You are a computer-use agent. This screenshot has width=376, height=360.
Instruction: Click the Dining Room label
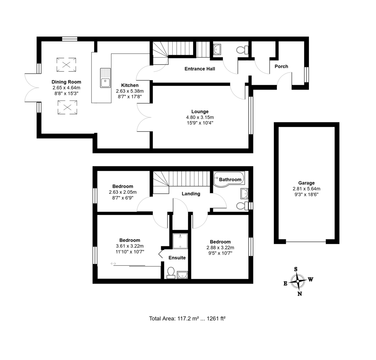tap(66, 82)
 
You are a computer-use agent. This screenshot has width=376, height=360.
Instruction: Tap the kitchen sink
tap(105, 78)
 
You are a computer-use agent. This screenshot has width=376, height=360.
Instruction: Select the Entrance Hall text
tap(200, 69)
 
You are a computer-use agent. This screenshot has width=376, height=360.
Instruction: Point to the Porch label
tap(281, 66)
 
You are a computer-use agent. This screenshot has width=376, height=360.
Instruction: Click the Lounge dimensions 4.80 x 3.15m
tap(200, 117)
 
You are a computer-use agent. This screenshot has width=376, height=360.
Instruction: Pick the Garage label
tap(306, 183)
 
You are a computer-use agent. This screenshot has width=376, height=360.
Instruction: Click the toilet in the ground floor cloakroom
tap(242, 50)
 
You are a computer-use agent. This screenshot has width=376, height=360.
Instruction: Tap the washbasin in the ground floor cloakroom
tap(217, 49)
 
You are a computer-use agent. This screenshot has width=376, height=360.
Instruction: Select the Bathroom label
tap(230, 180)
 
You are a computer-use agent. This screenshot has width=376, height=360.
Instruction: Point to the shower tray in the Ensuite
tap(180, 241)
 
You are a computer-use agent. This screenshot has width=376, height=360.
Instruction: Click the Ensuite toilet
tap(171, 273)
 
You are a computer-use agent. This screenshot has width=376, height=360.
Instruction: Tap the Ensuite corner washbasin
tap(182, 275)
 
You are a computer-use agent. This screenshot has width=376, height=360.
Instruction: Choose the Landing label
tap(191, 194)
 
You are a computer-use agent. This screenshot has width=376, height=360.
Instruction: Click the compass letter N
tap(300, 294)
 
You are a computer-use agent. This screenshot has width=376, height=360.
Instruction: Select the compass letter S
tap(295, 269)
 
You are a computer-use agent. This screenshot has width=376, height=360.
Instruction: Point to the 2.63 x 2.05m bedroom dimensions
tap(123, 192)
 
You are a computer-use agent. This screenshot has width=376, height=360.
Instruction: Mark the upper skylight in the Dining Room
tap(66, 65)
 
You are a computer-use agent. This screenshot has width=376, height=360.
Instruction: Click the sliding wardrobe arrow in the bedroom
tap(113, 264)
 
